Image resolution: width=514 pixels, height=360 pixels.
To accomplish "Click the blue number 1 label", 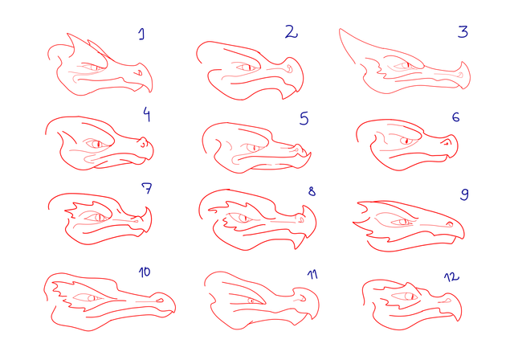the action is click(141, 34).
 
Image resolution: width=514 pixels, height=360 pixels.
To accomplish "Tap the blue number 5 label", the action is click(304, 118).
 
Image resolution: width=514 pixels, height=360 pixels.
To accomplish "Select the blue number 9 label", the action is click(464, 194).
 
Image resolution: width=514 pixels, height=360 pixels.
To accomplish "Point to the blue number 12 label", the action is click(451, 277).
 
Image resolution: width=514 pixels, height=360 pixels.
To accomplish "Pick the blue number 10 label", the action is click(145, 272).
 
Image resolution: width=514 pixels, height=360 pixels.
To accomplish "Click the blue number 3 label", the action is click(463, 32).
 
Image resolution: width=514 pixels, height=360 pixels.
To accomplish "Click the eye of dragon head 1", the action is click(94, 67).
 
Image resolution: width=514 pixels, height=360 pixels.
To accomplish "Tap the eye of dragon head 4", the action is click(96, 144).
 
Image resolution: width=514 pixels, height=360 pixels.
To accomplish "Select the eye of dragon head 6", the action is click(406, 141).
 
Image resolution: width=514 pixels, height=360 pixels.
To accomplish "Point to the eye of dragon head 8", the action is click(242, 218).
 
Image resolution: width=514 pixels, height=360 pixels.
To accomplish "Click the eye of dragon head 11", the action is click(251, 301).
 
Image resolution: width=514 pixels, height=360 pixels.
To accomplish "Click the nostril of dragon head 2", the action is click(289, 68).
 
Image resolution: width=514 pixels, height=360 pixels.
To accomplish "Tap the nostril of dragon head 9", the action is click(450, 224).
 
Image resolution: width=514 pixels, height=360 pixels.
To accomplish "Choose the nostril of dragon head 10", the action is click(161, 300).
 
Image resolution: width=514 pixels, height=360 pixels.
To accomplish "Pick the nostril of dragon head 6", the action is click(447, 142).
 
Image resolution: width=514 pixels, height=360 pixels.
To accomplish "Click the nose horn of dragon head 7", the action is click(146, 212).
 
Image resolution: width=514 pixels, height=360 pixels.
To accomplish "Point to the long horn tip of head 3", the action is click(340, 29).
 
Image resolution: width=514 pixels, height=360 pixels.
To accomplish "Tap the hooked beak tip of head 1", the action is click(151, 92).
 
